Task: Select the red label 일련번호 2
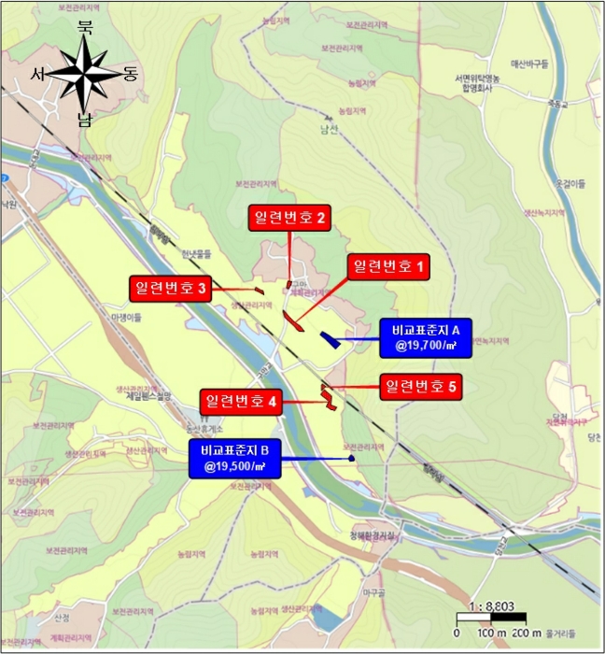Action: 289,219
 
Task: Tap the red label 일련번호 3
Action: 170,289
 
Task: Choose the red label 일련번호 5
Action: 422,386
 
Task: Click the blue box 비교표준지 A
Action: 426,336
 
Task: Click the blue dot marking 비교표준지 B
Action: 351,458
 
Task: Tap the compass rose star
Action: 85,74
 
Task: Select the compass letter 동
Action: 129,74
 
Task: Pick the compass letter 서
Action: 38,74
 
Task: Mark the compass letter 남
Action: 85,119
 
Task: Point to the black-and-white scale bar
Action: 492,618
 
